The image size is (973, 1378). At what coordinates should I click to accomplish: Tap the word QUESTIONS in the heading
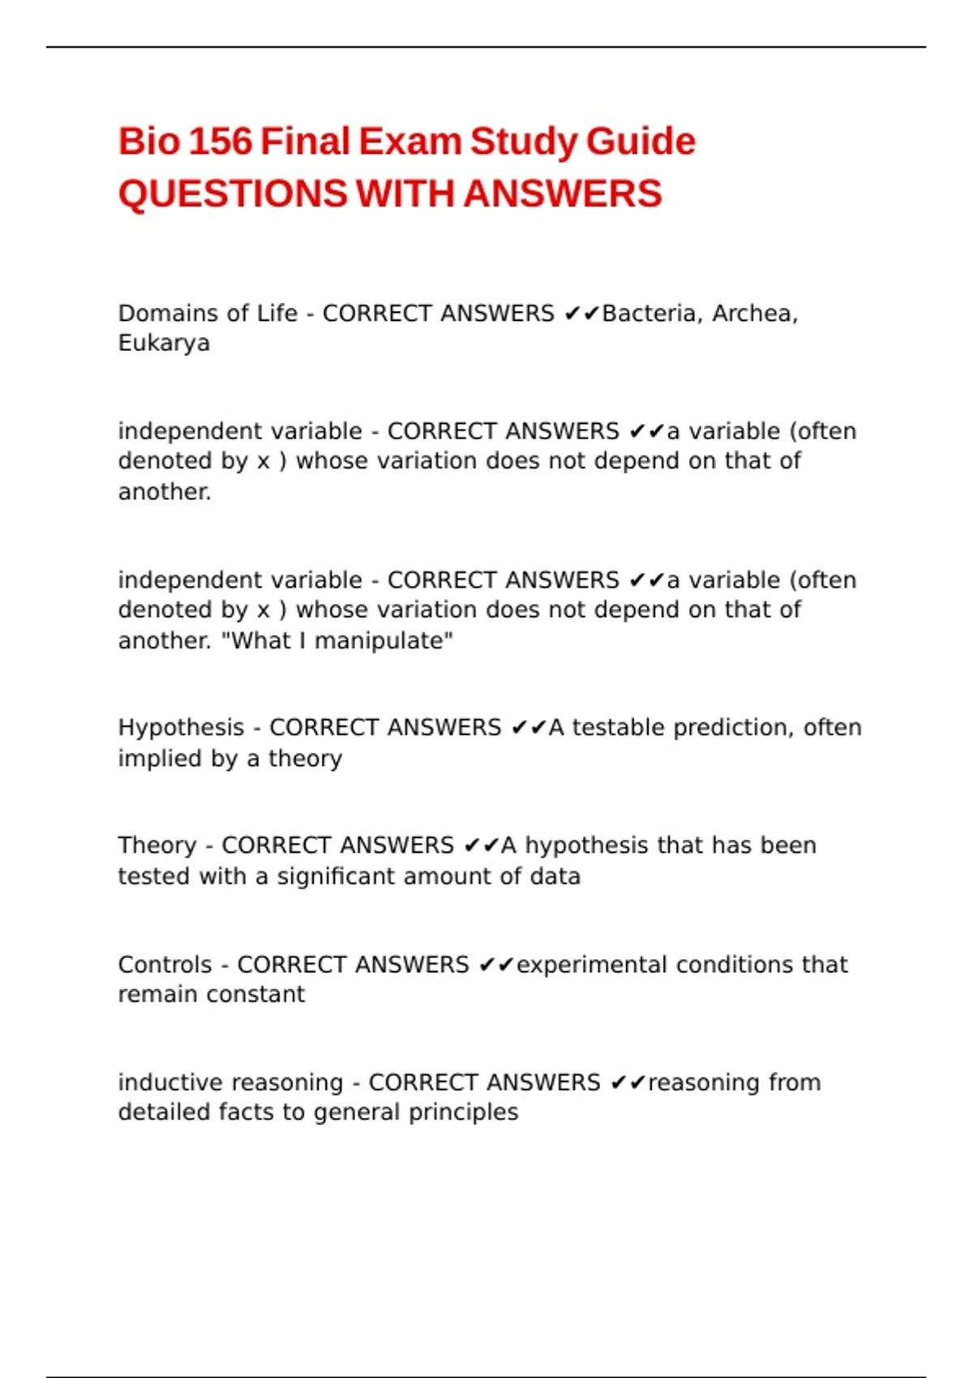(233, 195)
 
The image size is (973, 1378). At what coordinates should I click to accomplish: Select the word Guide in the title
(641, 142)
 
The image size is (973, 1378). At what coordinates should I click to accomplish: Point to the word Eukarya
(164, 344)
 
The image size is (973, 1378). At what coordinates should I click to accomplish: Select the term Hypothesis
(181, 728)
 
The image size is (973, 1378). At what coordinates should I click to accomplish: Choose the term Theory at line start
(156, 845)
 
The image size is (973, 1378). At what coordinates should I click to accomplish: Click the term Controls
(165, 965)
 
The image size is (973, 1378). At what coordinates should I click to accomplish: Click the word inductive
(171, 1083)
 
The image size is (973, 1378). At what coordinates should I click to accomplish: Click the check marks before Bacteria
(581, 314)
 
